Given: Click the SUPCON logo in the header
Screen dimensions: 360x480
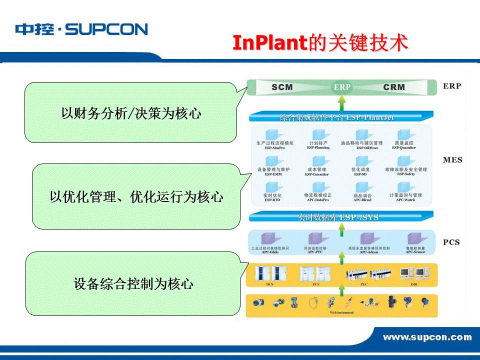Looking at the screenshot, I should pos(81,29).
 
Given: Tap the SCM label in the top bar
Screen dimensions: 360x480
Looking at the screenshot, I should pos(282,87).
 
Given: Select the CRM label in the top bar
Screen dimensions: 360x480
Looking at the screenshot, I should pos(394,87).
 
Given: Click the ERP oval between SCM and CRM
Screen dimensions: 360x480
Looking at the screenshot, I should pos(342,87).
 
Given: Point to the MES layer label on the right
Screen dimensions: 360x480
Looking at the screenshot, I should pos(452,160).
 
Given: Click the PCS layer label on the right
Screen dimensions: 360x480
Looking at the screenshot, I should pos(451,242).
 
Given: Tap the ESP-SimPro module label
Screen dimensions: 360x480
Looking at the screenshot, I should pos(274,148).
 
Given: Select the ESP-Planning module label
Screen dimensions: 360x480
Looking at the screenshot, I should pos(318,148).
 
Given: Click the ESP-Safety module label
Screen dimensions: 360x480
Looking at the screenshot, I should pos(405,174).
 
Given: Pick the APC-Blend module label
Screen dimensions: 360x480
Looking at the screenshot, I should pos(362,200).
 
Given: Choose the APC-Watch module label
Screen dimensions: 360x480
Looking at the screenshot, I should pos(405,200).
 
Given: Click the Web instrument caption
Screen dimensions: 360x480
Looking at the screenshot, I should pos(341,312).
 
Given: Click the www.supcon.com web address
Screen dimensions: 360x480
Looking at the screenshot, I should pos(427,337).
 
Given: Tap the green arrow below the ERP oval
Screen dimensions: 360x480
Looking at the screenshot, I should pos(342,102).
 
